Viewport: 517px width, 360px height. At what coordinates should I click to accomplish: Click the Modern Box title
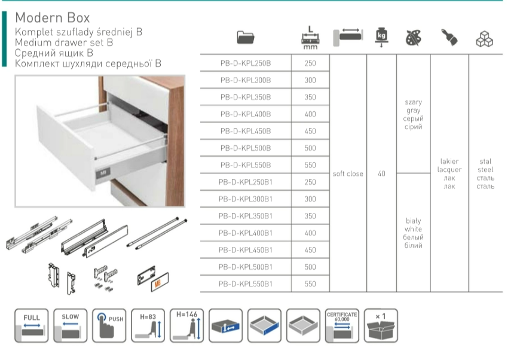[x=53, y=17]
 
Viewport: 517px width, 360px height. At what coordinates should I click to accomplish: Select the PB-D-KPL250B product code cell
[x=246, y=63]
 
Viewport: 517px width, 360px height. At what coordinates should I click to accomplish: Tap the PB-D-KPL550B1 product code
[x=246, y=284]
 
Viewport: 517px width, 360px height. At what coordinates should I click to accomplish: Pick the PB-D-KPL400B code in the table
[x=246, y=114]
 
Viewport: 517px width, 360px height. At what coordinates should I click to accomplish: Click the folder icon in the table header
[x=246, y=37]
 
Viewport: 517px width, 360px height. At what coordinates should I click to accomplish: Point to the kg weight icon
[x=381, y=37]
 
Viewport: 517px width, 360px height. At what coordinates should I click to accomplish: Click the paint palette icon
[x=414, y=38]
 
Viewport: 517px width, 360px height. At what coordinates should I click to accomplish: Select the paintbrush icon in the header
[x=449, y=37]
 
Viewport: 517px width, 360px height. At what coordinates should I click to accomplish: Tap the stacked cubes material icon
[x=485, y=39]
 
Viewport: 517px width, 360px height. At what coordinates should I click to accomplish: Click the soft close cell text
[x=348, y=173]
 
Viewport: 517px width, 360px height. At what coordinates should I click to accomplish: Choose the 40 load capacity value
[x=381, y=173]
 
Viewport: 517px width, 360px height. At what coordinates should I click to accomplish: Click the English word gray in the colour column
[x=414, y=111]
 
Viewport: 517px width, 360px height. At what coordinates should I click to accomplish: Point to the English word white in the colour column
[x=413, y=229]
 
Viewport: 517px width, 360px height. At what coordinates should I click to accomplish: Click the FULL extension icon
[x=32, y=325]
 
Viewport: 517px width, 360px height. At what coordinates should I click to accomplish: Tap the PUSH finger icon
[x=109, y=325]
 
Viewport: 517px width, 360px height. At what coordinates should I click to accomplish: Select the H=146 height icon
[x=186, y=325]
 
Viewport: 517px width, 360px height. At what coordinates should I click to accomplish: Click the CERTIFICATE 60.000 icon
[x=342, y=325]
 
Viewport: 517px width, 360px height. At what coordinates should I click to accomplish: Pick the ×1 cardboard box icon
[x=381, y=325]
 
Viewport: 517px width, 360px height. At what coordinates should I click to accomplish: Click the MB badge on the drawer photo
[x=103, y=173]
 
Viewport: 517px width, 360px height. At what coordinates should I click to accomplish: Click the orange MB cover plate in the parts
[x=160, y=282]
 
